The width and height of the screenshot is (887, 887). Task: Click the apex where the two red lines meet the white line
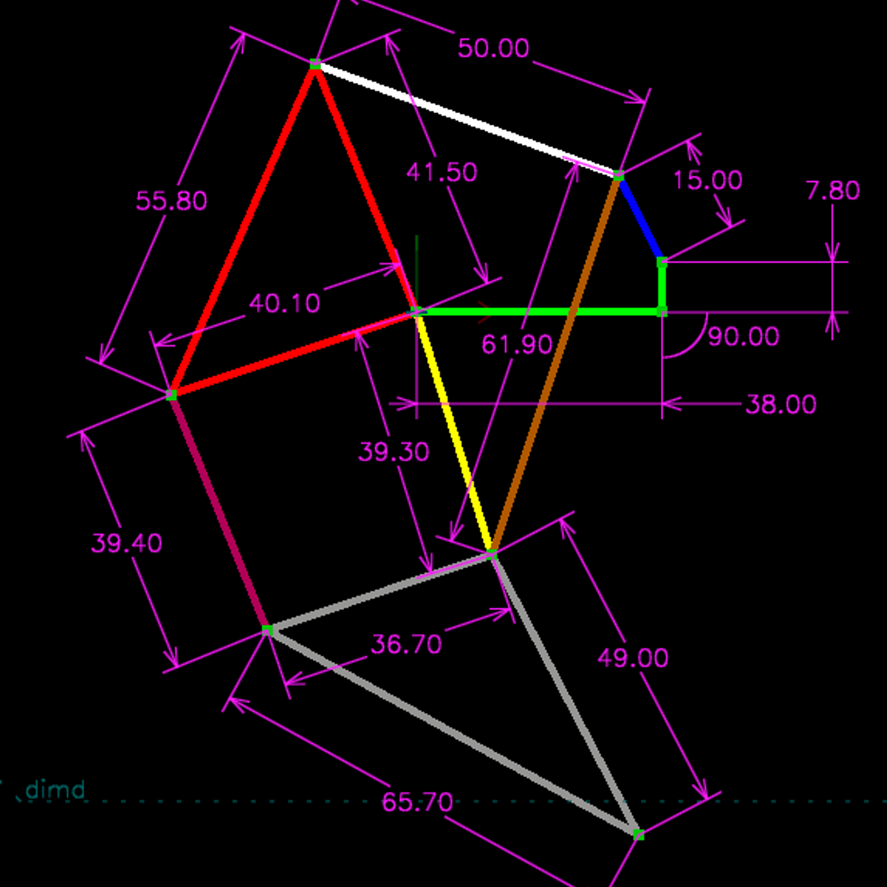tap(315, 65)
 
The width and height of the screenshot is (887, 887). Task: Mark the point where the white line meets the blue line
tap(619, 176)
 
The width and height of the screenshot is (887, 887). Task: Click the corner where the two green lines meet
tap(662, 312)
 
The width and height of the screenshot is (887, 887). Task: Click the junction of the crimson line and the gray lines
tap(267, 630)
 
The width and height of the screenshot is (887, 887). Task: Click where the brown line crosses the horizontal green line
tap(572, 312)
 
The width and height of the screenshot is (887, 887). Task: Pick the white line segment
tap(467, 120)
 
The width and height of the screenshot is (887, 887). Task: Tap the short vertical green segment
tap(662, 287)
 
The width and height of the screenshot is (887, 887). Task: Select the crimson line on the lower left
tap(220, 513)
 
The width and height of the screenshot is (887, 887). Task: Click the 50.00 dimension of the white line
tap(493, 48)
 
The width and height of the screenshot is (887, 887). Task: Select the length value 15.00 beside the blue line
tap(708, 180)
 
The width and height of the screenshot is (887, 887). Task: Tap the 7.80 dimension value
tap(833, 191)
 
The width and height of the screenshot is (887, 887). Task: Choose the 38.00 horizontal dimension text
tap(781, 404)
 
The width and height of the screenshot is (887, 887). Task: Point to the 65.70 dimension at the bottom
tap(417, 802)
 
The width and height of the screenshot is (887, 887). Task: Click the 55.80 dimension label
tap(171, 201)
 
